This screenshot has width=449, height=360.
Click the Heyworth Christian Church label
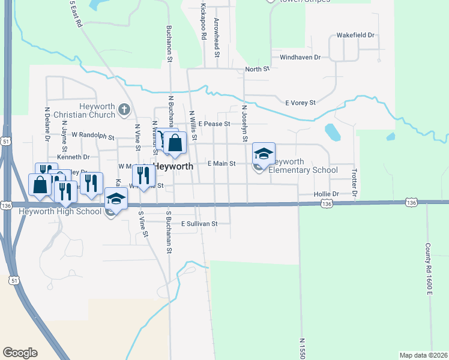(x=83, y=110)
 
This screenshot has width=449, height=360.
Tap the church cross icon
(x=124, y=109)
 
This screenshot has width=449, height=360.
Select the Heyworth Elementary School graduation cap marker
(x=264, y=154)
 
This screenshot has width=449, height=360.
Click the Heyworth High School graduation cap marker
(x=116, y=199)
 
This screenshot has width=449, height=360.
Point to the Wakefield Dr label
(x=355, y=35)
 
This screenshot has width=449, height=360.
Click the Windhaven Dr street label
(x=300, y=58)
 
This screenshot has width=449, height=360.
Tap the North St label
(x=258, y=70)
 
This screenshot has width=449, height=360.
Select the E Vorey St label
(x=300, y=103)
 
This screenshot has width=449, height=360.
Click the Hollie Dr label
(x=327, y=194)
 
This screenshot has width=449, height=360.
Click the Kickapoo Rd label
(x=204, y=23)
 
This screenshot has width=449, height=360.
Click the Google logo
(x=19, y=353)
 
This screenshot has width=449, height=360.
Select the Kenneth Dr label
(x=73, y=157)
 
